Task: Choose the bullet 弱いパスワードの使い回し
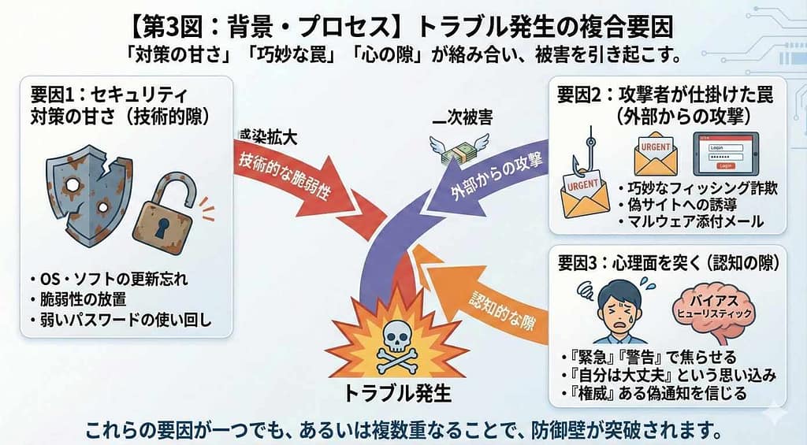tap(123, 321)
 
